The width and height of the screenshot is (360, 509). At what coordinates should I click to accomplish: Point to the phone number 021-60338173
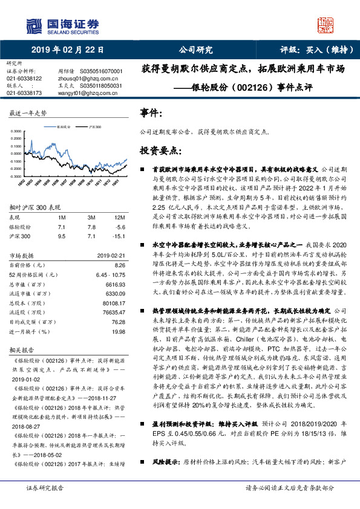click(24, 93)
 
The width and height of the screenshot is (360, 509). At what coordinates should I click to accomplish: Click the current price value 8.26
click(119, 265)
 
